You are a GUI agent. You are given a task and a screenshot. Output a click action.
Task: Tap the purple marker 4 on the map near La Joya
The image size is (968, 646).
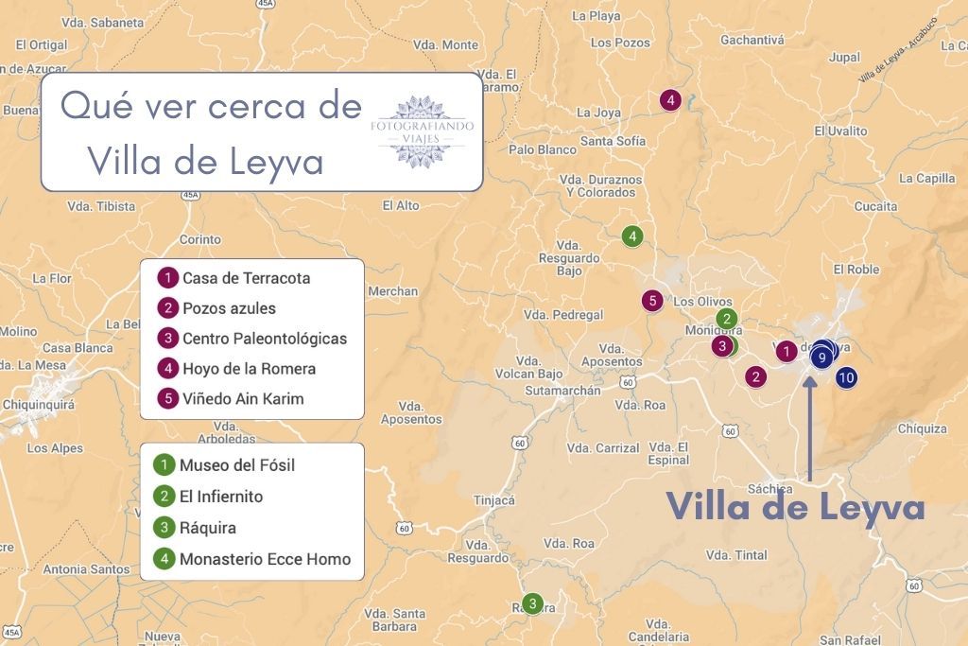click(670, 100)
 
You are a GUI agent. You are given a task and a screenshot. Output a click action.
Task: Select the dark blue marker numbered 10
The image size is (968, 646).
click(846, 377)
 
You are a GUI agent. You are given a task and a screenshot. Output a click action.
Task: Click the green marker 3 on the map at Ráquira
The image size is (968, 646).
click(533, 603)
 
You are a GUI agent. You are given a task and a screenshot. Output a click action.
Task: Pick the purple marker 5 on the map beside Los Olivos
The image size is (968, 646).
click(652, 301)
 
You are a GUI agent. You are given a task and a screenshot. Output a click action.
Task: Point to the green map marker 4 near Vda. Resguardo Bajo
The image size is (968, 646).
click(632, 236)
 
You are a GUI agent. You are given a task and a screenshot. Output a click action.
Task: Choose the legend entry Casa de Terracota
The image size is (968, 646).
click(246, 278)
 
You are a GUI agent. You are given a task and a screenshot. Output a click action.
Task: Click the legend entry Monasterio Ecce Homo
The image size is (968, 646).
click(265, 559)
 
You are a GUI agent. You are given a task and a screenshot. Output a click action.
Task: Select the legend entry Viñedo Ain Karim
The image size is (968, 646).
click(243, 398)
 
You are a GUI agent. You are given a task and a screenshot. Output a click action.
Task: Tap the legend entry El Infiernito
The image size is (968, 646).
click(221, 497)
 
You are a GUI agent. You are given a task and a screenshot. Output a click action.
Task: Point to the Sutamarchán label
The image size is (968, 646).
click(562, 391)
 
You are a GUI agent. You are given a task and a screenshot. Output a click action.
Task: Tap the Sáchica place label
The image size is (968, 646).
click(769, 488)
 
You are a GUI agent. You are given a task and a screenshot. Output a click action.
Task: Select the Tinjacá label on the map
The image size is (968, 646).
click(494, 500)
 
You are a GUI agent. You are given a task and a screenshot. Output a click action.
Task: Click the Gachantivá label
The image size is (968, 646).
click(752, 40)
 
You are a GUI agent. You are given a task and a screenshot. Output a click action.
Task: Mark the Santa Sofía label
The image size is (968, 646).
click(613, 142)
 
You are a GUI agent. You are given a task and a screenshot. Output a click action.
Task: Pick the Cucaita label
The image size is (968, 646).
click(875, 206)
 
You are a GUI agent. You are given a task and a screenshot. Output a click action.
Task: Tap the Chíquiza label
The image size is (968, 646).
click(922, 428)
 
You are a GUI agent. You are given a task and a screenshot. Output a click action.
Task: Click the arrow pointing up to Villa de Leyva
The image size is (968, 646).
click(810, 426)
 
